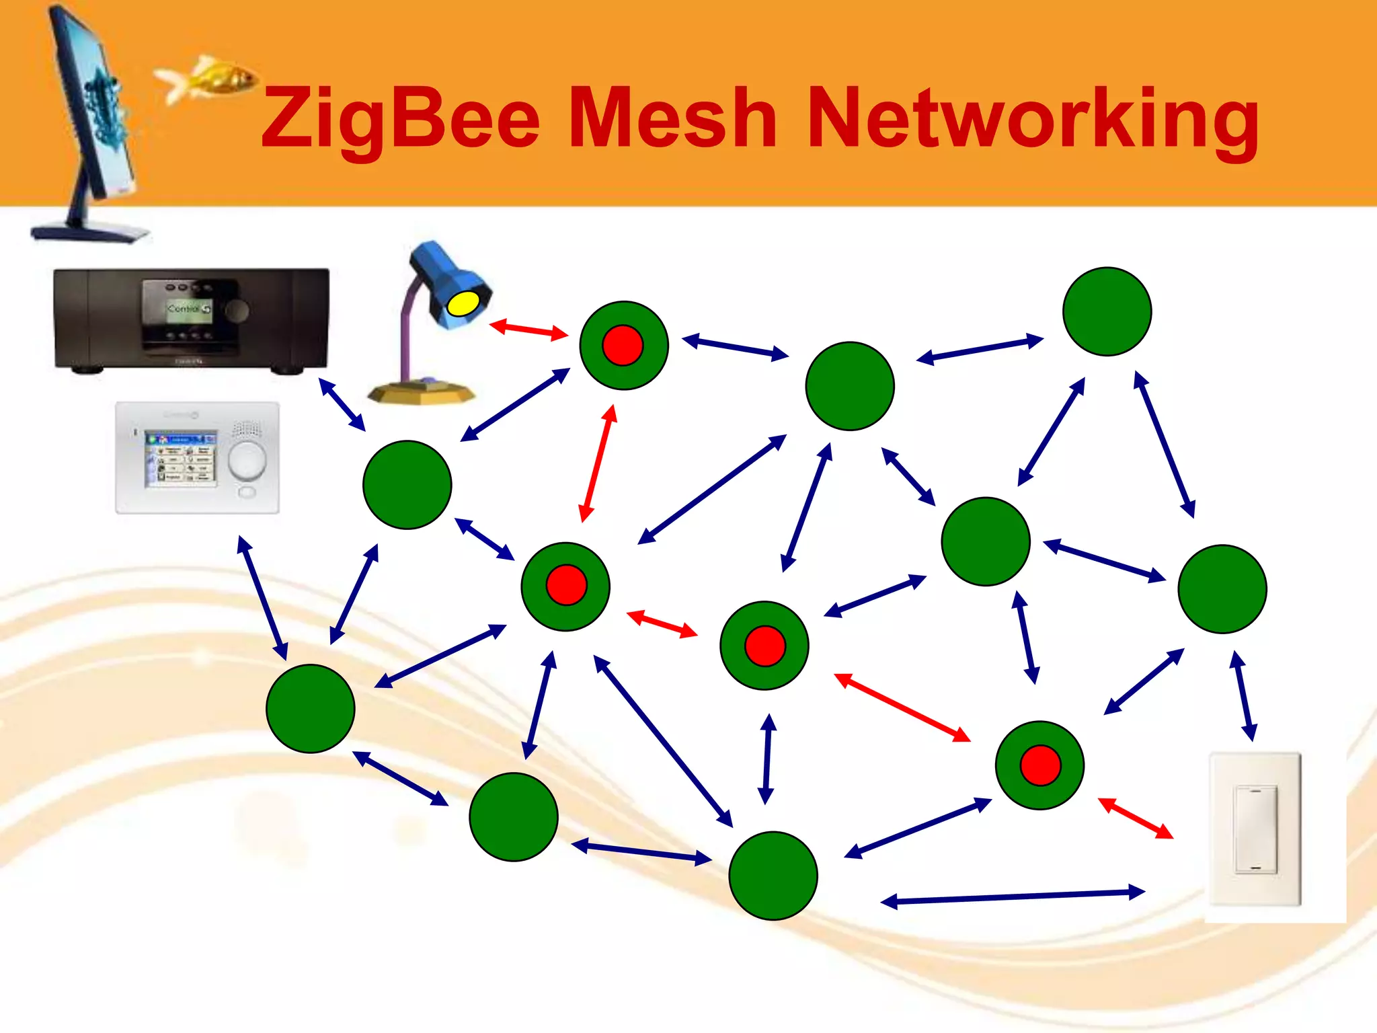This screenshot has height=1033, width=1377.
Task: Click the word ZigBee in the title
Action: coord(401,120)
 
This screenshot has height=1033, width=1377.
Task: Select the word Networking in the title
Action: coord(1033,120)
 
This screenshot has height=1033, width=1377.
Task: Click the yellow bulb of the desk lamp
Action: coord(463,304)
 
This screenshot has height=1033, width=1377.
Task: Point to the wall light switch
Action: coord(1255,830)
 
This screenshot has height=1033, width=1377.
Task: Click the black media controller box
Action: coord(191,319)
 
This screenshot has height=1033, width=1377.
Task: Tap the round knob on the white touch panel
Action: coord(247,460)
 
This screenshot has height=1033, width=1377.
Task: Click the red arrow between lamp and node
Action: coord(528,330)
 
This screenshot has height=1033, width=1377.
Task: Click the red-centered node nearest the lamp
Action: coord(623,345)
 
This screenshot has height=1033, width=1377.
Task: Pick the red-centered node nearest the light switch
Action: coord(1039,765)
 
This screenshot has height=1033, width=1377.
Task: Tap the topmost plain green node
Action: coord(1107,311)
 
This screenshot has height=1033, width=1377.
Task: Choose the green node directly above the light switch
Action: coord(1222,589)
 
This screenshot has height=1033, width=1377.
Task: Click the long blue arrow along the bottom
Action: coord(1013,897)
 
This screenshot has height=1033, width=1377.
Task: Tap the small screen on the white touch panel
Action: coord(181,459)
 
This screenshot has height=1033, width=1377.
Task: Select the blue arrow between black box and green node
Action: coord(342,404)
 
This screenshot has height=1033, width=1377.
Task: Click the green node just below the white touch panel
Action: coord(311,708)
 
